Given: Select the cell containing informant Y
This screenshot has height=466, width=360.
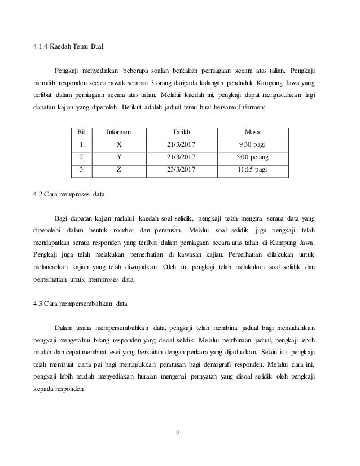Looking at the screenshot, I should tap(118, 156).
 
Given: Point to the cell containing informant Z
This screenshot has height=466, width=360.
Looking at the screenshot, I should tap(118, 169).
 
